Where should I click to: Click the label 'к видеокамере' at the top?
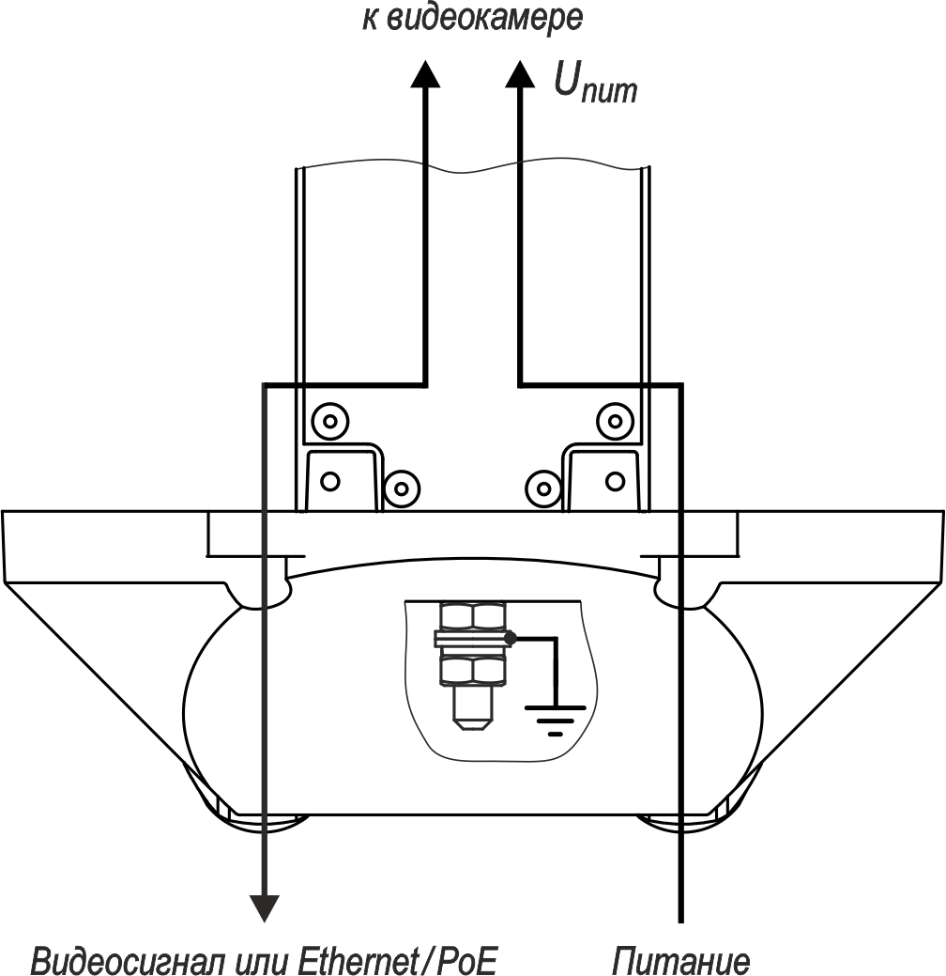pyautogui.click(x=472, y=18)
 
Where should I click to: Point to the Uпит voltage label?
pyautogui.click(x=595, y=85)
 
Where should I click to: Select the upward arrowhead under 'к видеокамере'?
pyautogui.click(x=425, y=72)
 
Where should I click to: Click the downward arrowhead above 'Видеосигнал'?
pyautogui.click(x=266, y=906)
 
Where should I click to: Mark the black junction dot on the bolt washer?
pyautogui.click(x=510, y=639)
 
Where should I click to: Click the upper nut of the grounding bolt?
pyautogui.click(x=472, y=616)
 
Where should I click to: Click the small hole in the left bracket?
pyautogui.click(x=328, y=481)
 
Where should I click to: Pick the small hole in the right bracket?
pyautogui.click(x=615, y=481)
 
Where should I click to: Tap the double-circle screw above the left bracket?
pyautogui.click(x=328, y=420)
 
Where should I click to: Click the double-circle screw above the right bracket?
pyautogui.click(x=615, y=420)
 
